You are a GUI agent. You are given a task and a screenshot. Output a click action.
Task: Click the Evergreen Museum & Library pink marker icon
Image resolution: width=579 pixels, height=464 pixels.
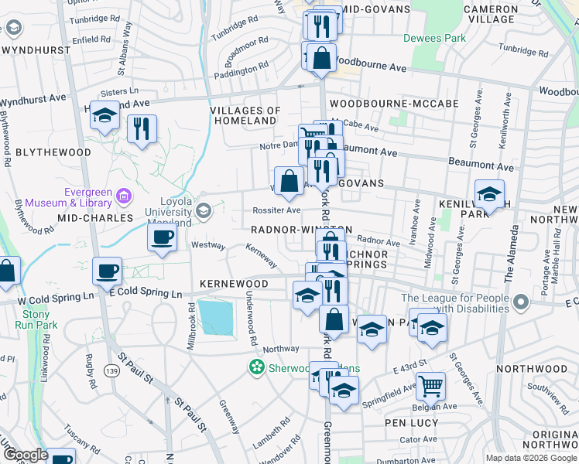pos(123,197)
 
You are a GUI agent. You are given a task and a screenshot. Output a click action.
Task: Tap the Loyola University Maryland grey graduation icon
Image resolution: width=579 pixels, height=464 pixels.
pos(204,210)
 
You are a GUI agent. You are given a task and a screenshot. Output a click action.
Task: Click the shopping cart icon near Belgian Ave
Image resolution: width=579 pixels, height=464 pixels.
pos(430,385)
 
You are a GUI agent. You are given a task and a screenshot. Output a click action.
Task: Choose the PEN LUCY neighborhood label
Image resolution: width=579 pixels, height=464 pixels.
pos(412,423)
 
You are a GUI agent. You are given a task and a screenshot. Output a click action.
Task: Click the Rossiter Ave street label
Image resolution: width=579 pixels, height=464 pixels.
pos(276,210)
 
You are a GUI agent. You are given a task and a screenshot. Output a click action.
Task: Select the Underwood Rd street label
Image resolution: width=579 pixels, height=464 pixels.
pos(251,319)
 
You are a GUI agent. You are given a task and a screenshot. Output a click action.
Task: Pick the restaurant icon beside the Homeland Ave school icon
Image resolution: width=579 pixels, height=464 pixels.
pos(142,128)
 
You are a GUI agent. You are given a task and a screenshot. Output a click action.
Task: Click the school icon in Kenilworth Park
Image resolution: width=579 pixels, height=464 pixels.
pos(490,196)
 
